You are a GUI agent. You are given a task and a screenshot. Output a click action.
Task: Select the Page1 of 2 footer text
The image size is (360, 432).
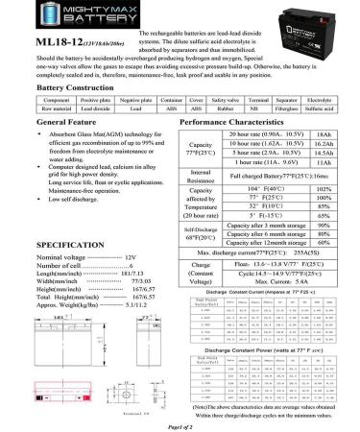click(180, 424)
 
